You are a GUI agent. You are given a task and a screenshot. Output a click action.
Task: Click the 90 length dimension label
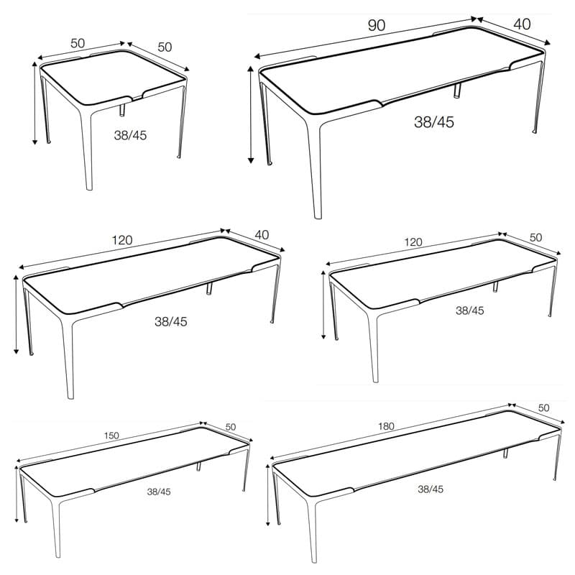click(376, 25)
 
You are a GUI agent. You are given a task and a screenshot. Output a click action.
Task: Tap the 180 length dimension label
click(386, 426)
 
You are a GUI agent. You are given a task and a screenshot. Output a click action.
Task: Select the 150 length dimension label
click(111, 436)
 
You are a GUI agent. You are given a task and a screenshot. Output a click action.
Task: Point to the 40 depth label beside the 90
click(522, 24)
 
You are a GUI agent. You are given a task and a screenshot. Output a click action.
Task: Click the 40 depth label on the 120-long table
click(262, 235)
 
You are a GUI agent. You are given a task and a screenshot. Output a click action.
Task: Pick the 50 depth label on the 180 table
click(543, 408)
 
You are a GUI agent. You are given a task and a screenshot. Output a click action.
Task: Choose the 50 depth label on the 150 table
click(230, 427)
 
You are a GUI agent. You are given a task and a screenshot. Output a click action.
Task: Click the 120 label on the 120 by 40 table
click(121, 240)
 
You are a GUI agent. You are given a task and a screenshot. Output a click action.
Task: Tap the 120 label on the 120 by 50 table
click(413, 242)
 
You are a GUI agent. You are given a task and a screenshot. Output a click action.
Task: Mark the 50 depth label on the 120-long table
click(535, 237)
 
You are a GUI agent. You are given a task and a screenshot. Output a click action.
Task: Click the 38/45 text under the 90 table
click(434, 121)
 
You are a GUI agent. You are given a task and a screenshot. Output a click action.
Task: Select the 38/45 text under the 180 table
click(431, 489)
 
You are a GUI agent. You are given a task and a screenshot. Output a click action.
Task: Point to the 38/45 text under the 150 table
click(159, 492)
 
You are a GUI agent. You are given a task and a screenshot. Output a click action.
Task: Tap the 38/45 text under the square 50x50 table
click(130, 135)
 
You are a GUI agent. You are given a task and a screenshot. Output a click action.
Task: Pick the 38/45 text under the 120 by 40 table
click(171, 321)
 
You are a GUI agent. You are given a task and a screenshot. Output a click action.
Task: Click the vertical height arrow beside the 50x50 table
click(34, 103)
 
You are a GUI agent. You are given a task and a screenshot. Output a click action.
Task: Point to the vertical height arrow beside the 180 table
click(268, 494)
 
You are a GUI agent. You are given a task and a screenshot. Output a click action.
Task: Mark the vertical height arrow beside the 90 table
click(251, 114)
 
